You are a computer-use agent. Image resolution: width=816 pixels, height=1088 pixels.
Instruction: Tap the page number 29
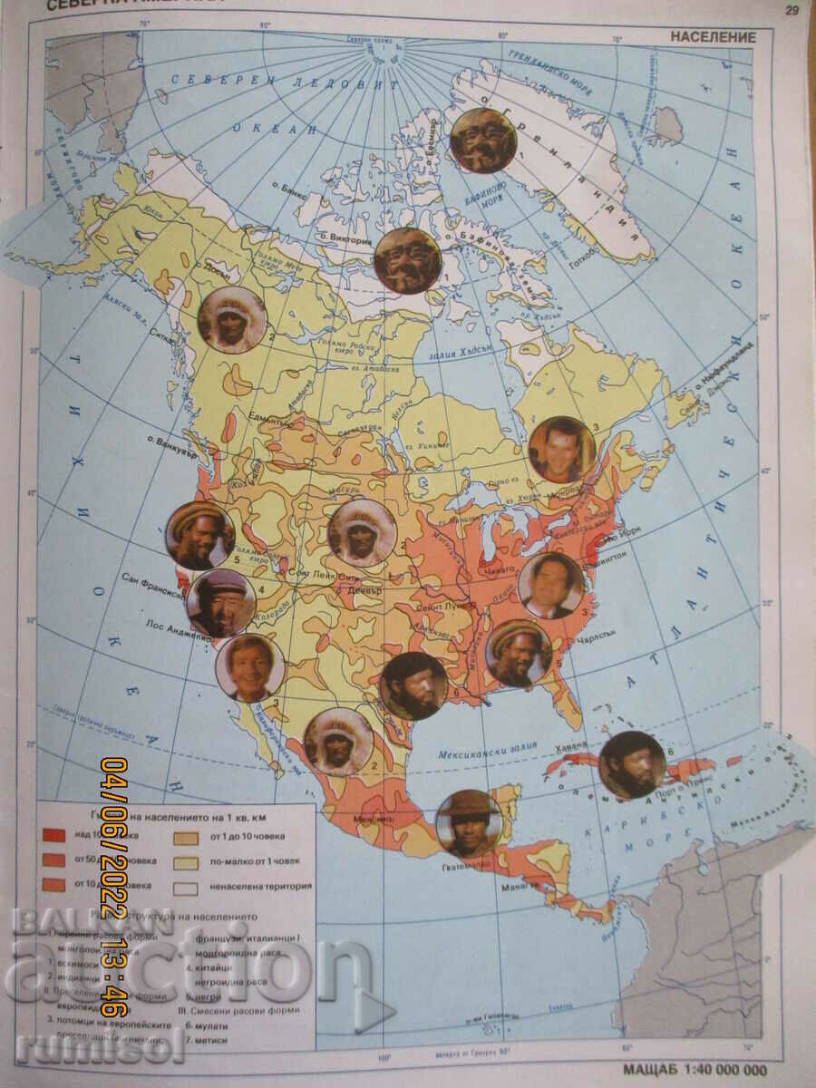click(791, 10)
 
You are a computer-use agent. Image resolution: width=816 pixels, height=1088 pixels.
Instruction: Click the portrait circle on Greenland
click(483, 141)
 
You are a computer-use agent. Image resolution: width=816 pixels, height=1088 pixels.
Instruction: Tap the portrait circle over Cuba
click(632, 764)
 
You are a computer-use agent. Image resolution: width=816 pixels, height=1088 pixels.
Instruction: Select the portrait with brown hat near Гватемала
click(469, 823)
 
